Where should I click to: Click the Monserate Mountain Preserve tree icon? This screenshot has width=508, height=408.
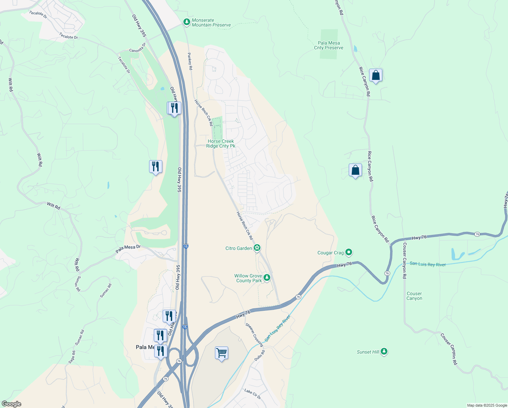186,22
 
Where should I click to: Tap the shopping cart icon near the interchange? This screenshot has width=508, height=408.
221,353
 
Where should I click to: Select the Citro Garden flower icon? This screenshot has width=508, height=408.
257,248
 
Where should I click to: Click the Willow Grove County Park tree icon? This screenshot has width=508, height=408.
267,278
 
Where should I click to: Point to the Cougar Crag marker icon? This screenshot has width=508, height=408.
349,252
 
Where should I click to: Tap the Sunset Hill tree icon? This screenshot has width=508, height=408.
384,351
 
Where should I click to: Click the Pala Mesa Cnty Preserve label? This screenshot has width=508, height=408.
328,45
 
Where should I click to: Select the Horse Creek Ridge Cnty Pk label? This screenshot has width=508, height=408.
221,143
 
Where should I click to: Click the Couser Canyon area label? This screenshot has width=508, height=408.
414,296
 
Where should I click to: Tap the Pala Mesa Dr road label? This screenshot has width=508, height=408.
128,249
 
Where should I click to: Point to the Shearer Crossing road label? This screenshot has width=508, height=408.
254,335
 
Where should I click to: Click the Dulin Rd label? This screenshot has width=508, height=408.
259,356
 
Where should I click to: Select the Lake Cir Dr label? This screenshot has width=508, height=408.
253,394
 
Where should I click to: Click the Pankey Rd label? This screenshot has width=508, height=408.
190,61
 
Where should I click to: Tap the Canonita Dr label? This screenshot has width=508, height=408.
138,48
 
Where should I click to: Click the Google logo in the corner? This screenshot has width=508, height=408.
11,404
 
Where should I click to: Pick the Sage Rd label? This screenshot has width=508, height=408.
72,357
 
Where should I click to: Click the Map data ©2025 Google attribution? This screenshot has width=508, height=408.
487,405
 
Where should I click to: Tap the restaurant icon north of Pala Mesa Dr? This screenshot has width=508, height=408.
156,167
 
